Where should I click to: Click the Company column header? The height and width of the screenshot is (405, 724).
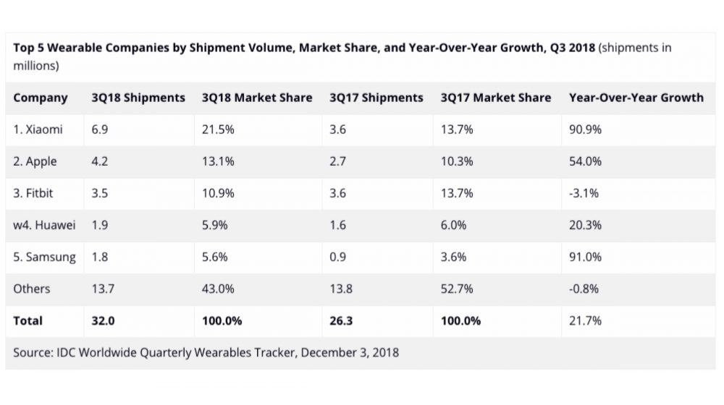41,98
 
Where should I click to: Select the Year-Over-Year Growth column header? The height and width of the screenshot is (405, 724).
636,98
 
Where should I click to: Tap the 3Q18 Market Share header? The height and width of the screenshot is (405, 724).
257,98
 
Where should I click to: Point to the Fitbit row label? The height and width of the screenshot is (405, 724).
35,193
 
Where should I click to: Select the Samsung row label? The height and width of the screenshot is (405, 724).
44,257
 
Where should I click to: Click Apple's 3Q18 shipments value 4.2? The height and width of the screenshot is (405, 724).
100,161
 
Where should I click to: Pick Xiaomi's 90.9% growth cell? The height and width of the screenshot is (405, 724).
586,129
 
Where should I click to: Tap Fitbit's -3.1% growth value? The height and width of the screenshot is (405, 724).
584,193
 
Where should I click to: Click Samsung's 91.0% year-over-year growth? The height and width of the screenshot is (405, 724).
586,257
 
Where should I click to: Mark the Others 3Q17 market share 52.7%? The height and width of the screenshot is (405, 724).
457,289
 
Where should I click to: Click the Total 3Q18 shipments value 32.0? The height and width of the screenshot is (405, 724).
103,320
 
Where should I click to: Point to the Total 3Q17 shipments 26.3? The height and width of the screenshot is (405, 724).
341,320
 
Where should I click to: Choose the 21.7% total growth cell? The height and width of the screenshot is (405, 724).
585,320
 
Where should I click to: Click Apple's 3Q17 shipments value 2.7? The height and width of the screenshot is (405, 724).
337,161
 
